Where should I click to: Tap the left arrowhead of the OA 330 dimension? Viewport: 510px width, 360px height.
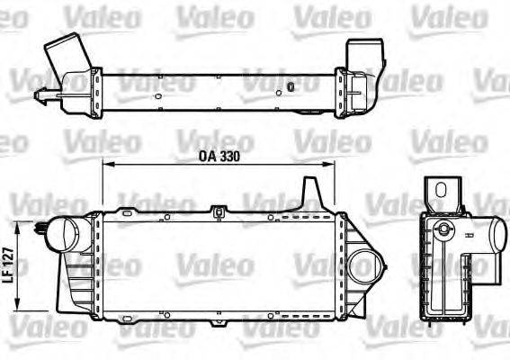click(105, 166)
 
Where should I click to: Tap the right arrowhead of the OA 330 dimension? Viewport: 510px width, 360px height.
click(333, 166)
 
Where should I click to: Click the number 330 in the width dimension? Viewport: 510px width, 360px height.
click(231, 154)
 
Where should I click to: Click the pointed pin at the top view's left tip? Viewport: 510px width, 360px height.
click(37, 94)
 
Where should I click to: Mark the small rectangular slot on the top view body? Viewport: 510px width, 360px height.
click(291, 86)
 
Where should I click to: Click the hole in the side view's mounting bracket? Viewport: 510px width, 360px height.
click(442, 188)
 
